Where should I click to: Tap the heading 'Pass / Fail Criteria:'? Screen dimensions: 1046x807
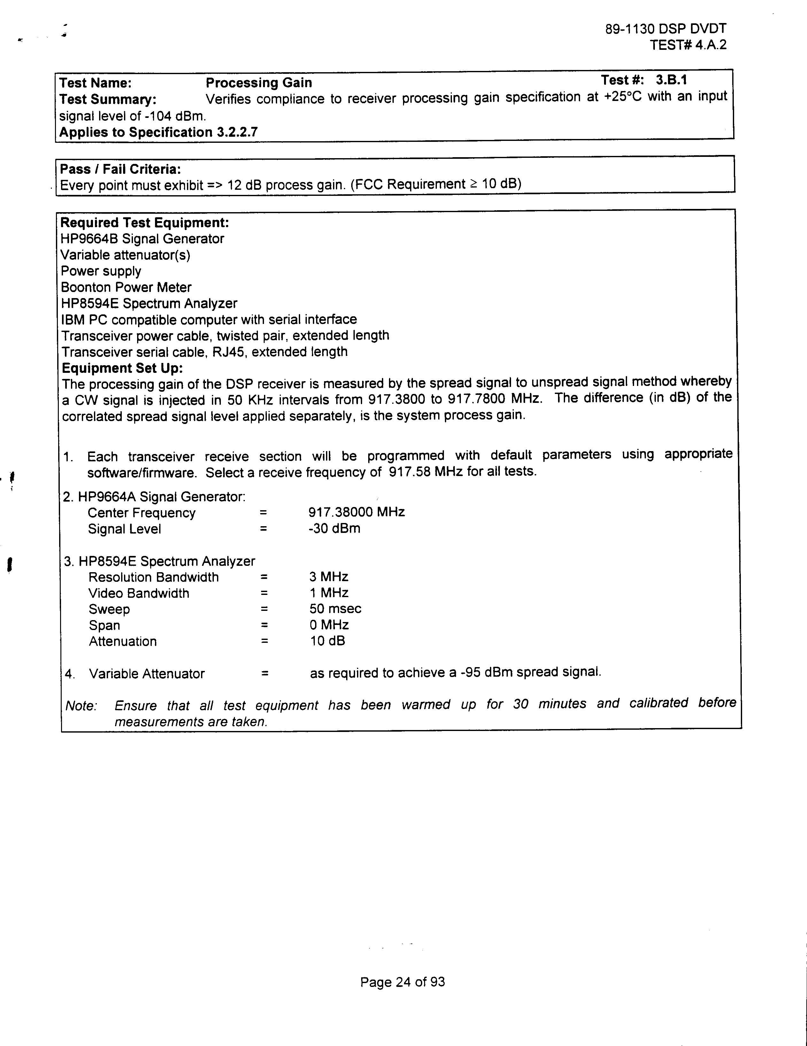coord(120,169)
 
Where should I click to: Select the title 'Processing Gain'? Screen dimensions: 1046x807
coord(259,83)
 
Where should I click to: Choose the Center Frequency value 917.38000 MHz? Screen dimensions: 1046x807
coord(357,512)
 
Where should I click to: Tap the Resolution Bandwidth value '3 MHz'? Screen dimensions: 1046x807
coord(329,577)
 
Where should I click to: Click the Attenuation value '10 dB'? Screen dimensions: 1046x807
coord(327,641)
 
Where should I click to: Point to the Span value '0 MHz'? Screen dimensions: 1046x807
coord(329,625)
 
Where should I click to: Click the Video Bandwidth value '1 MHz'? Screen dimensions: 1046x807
coord(329,593)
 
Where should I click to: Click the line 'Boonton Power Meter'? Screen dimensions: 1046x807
coord(126,287)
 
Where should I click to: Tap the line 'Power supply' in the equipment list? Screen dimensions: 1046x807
coord(101,271)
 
